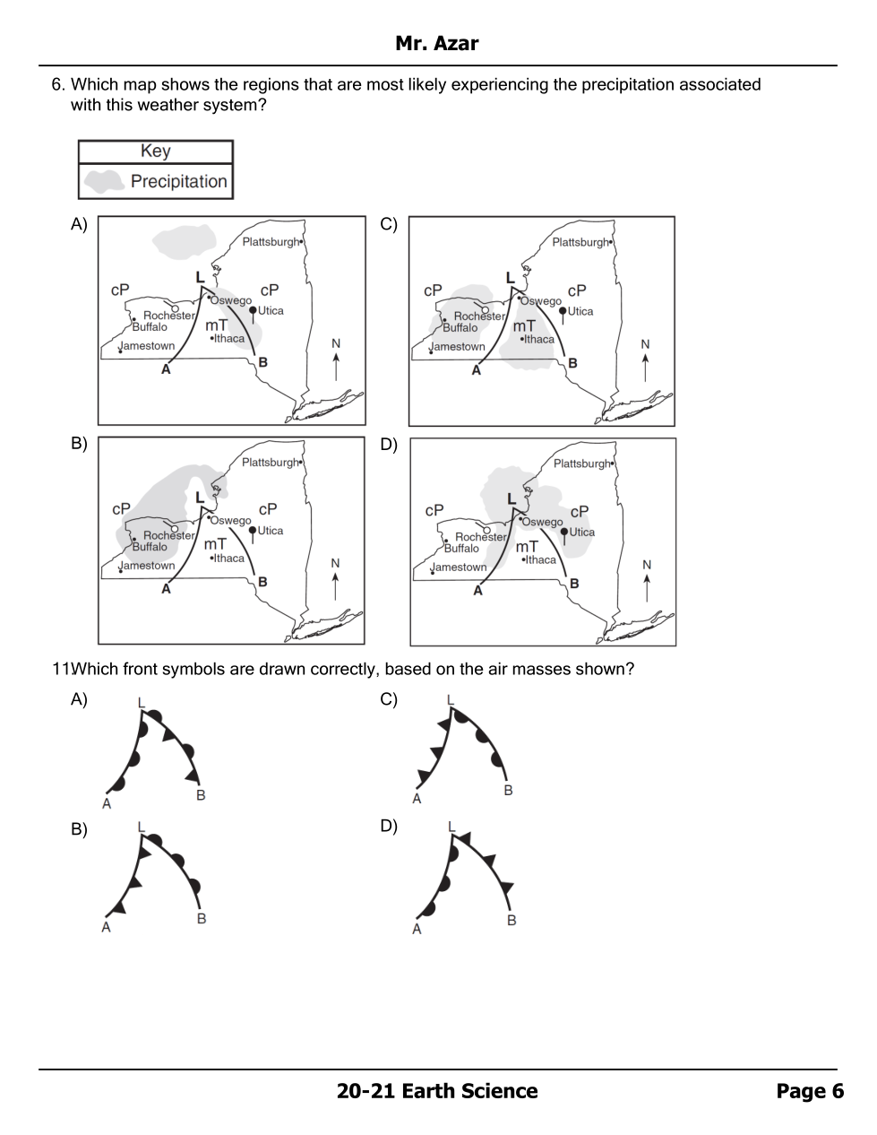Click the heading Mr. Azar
436,43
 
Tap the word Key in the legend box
155,152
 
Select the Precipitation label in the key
178,181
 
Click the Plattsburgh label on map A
271,242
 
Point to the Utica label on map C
580,311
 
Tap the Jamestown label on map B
148,566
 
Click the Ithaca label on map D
541,559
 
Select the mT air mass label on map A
216,325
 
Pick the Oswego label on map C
541,301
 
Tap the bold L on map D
512,498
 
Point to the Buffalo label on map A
150,327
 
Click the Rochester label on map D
481,537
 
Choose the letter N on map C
645,344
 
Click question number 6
58,84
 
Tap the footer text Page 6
810,1091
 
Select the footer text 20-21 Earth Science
437,1091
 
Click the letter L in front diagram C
450,700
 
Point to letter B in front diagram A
201,795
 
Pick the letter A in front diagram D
417,930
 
